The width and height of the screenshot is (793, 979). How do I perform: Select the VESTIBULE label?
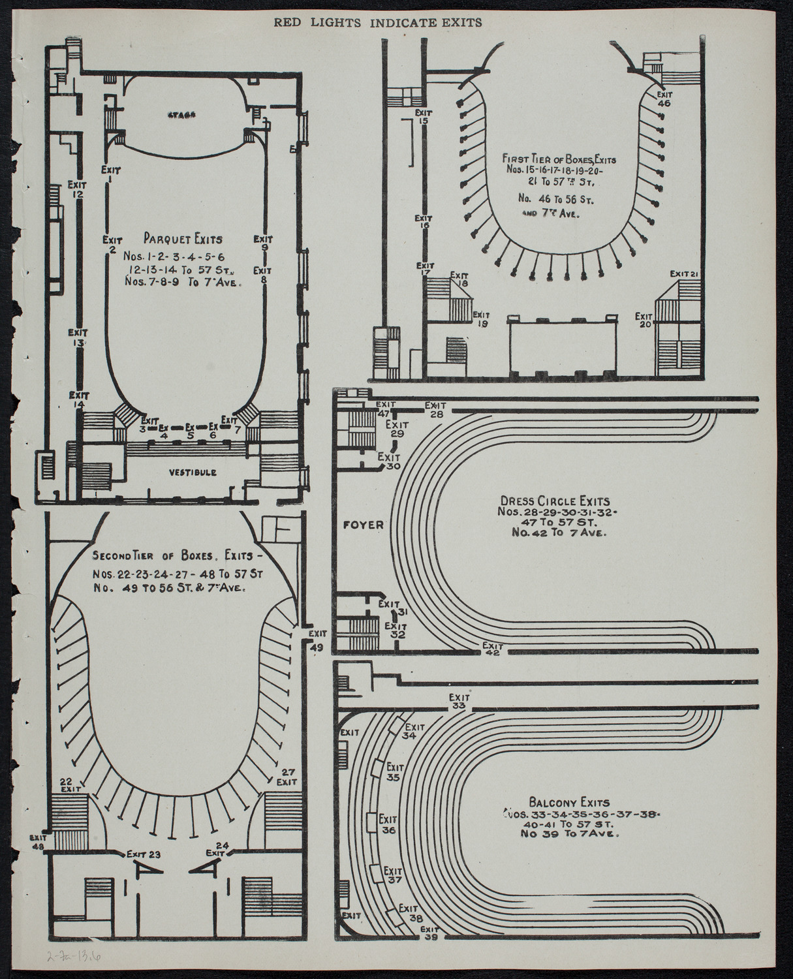click(192, 471)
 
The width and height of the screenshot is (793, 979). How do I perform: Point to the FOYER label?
click(362, 524)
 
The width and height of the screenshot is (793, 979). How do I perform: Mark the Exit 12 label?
click(77, 189)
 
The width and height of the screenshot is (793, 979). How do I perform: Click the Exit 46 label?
click(664, 98)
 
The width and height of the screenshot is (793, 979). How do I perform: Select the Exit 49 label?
click(317, 640)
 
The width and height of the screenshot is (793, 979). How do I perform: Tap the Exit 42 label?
click(493, 648)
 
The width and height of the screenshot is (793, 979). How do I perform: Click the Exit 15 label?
click(423, 116)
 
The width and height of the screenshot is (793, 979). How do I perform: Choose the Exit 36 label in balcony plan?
click(390, 825)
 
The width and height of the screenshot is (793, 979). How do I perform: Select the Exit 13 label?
click(78, 337)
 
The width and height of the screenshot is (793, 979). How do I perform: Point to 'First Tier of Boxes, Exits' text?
click(559, 158)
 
